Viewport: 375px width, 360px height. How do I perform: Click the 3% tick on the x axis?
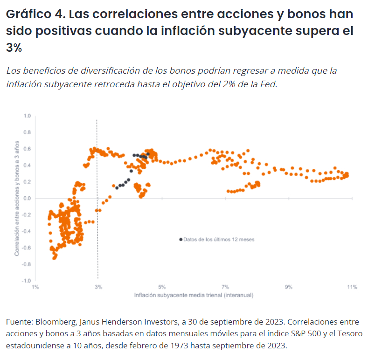point(97,287)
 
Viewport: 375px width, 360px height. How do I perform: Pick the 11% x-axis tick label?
point(352,287)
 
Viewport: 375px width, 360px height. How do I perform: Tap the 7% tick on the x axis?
point(225,287)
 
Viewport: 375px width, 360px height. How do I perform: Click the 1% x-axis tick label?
point(35,287)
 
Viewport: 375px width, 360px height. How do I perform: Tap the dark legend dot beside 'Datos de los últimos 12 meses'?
point(181,239)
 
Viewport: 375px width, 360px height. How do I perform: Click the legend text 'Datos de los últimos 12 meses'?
point(219,239)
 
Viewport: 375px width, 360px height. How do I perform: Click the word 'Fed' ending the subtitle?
point(268,84)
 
